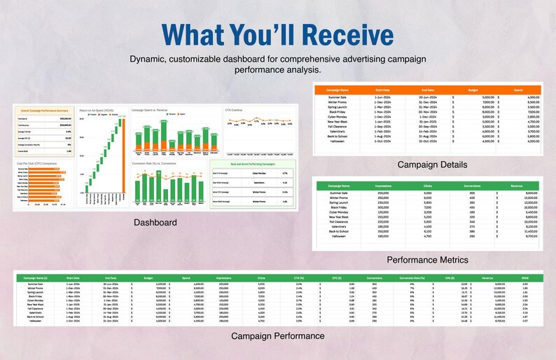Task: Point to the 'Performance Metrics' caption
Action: (x=427, y=259)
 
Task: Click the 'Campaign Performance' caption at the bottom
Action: (x=278, y=336)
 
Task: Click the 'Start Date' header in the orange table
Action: (x=382, y=90)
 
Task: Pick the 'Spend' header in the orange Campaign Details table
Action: (x=517, y=90)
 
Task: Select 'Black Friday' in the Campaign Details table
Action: (x=337, y=111)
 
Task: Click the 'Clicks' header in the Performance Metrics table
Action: (x=427, y=185)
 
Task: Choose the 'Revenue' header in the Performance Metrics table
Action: (x=517, y=185)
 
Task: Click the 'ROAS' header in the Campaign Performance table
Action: (x=526, y=278)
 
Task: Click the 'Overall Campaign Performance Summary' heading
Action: (x=44, y=111)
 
